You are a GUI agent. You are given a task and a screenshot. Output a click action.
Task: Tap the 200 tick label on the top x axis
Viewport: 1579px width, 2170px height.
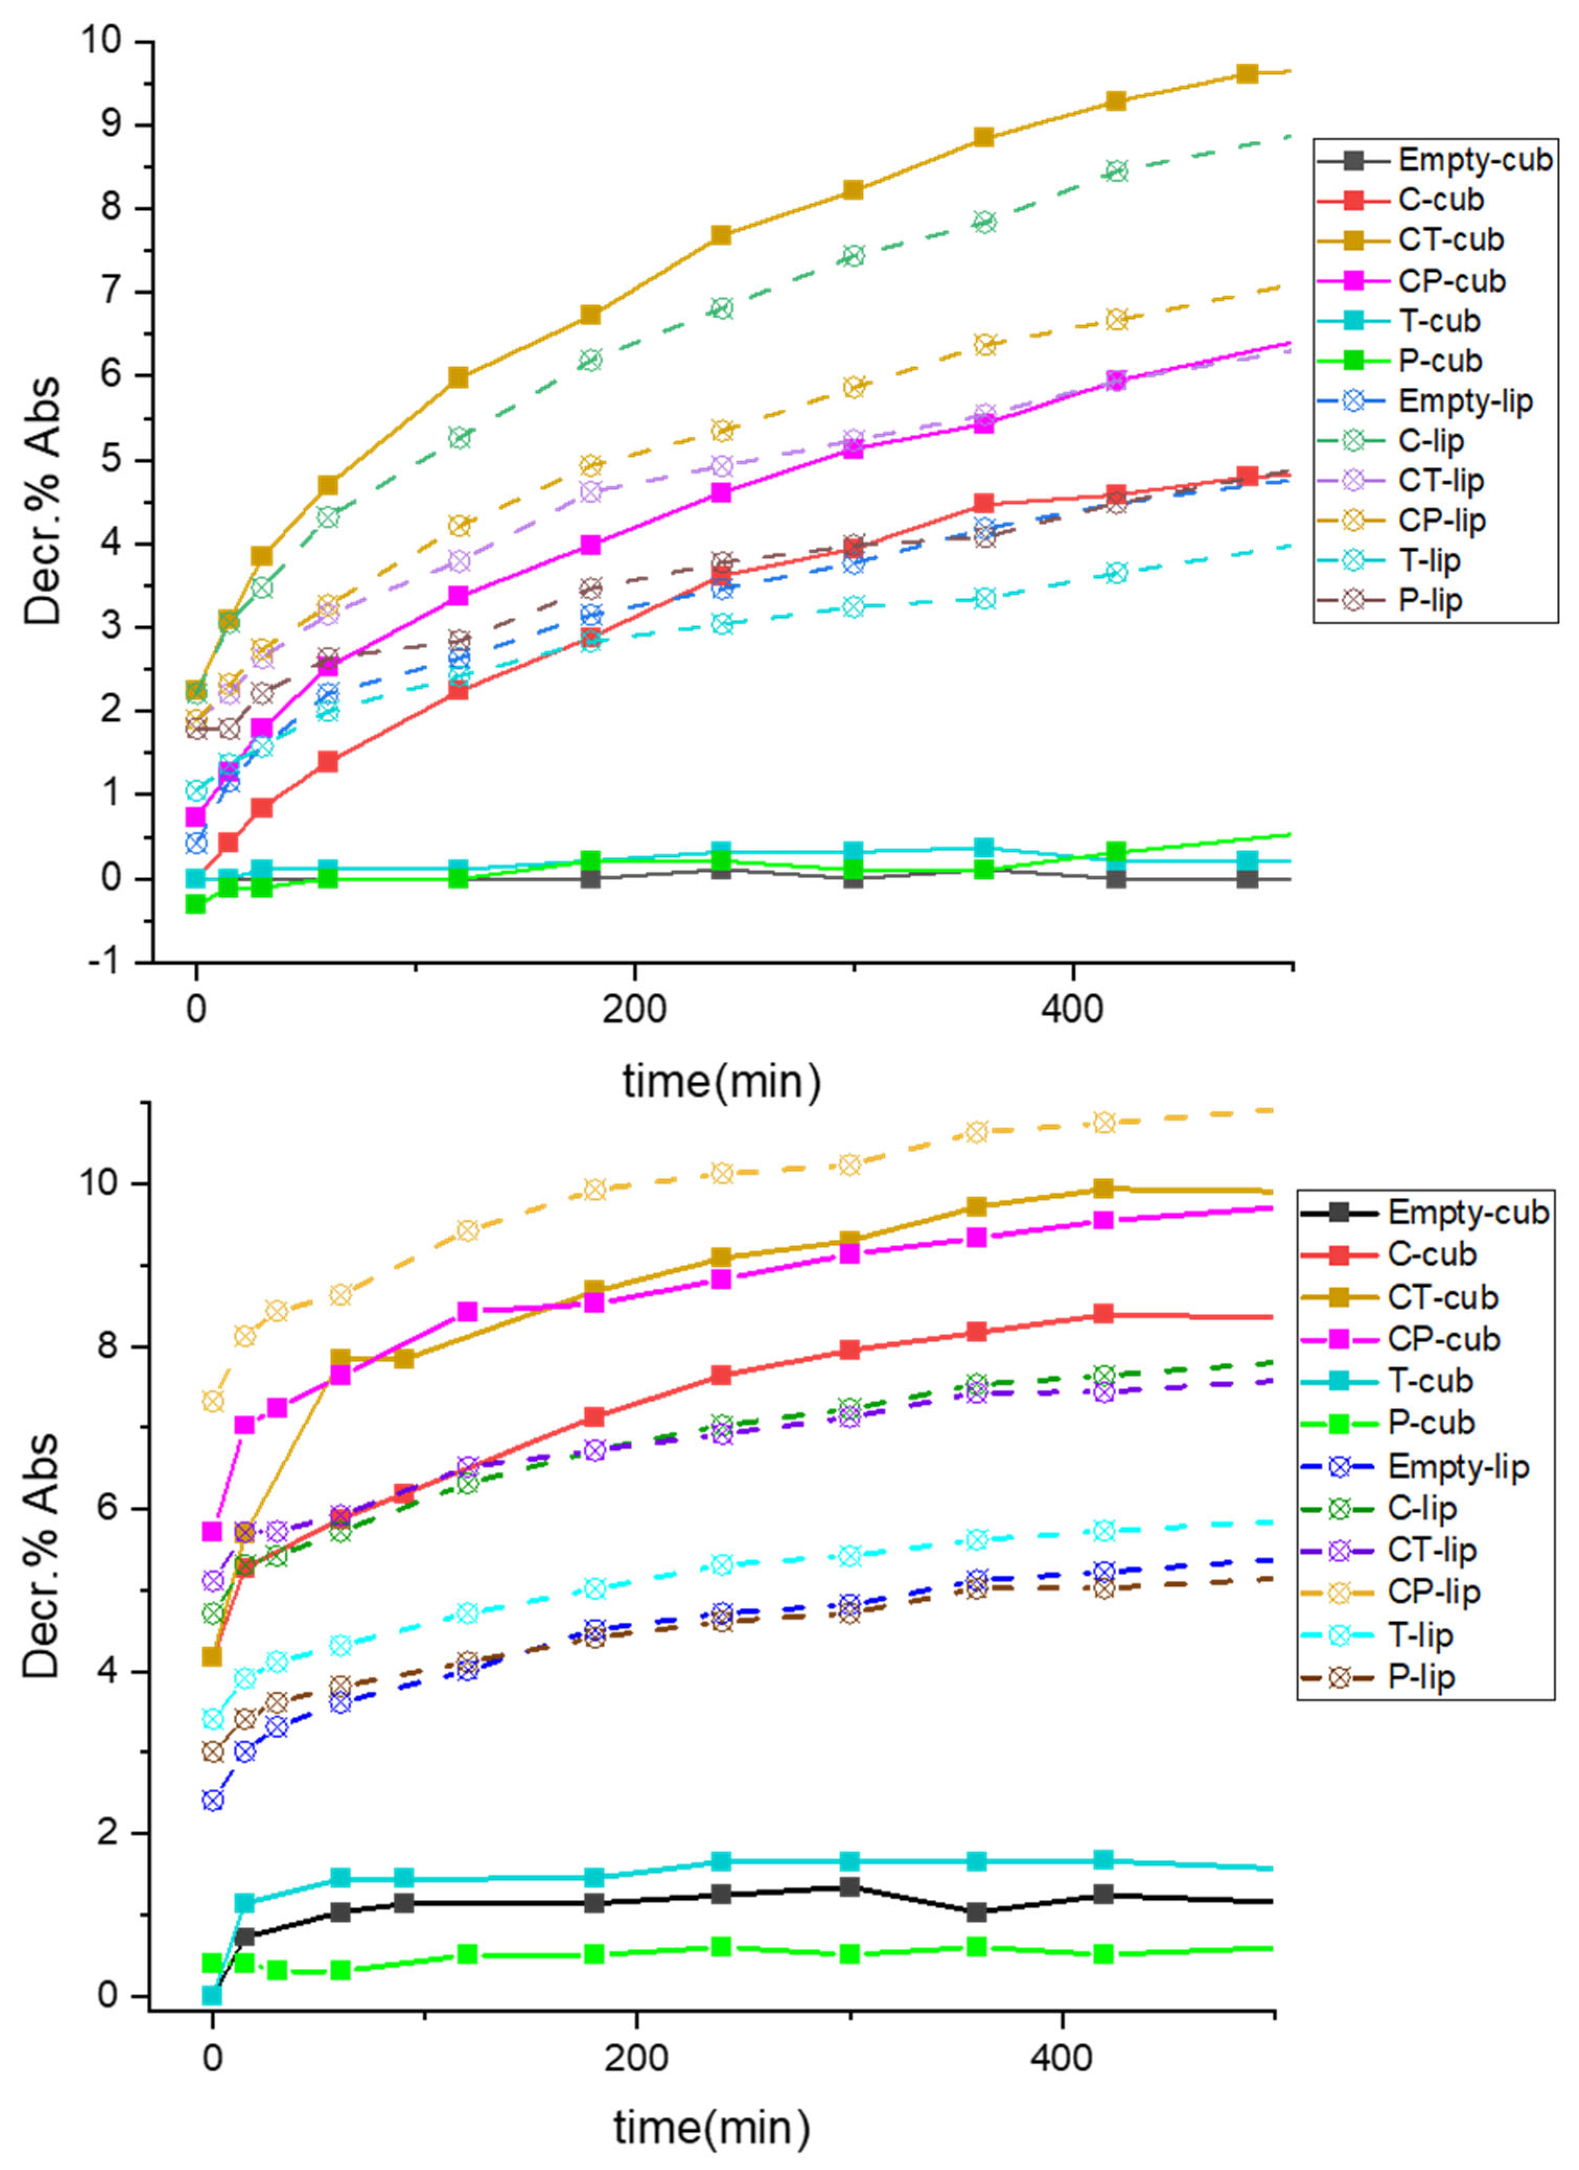[634, 1010]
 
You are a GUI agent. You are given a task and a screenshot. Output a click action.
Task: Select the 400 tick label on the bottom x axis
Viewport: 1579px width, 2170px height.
[1062, 2057]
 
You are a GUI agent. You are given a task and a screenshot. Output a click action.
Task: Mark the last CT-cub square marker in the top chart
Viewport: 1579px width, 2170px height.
[1247, 74]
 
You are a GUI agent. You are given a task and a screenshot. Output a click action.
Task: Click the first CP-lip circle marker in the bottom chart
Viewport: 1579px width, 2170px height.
[212, 1401]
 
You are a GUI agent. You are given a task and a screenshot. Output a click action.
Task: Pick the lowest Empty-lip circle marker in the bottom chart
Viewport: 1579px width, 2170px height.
[212, 1800]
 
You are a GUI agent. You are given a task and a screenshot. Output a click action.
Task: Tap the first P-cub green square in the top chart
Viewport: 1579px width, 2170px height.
[196, 903]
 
